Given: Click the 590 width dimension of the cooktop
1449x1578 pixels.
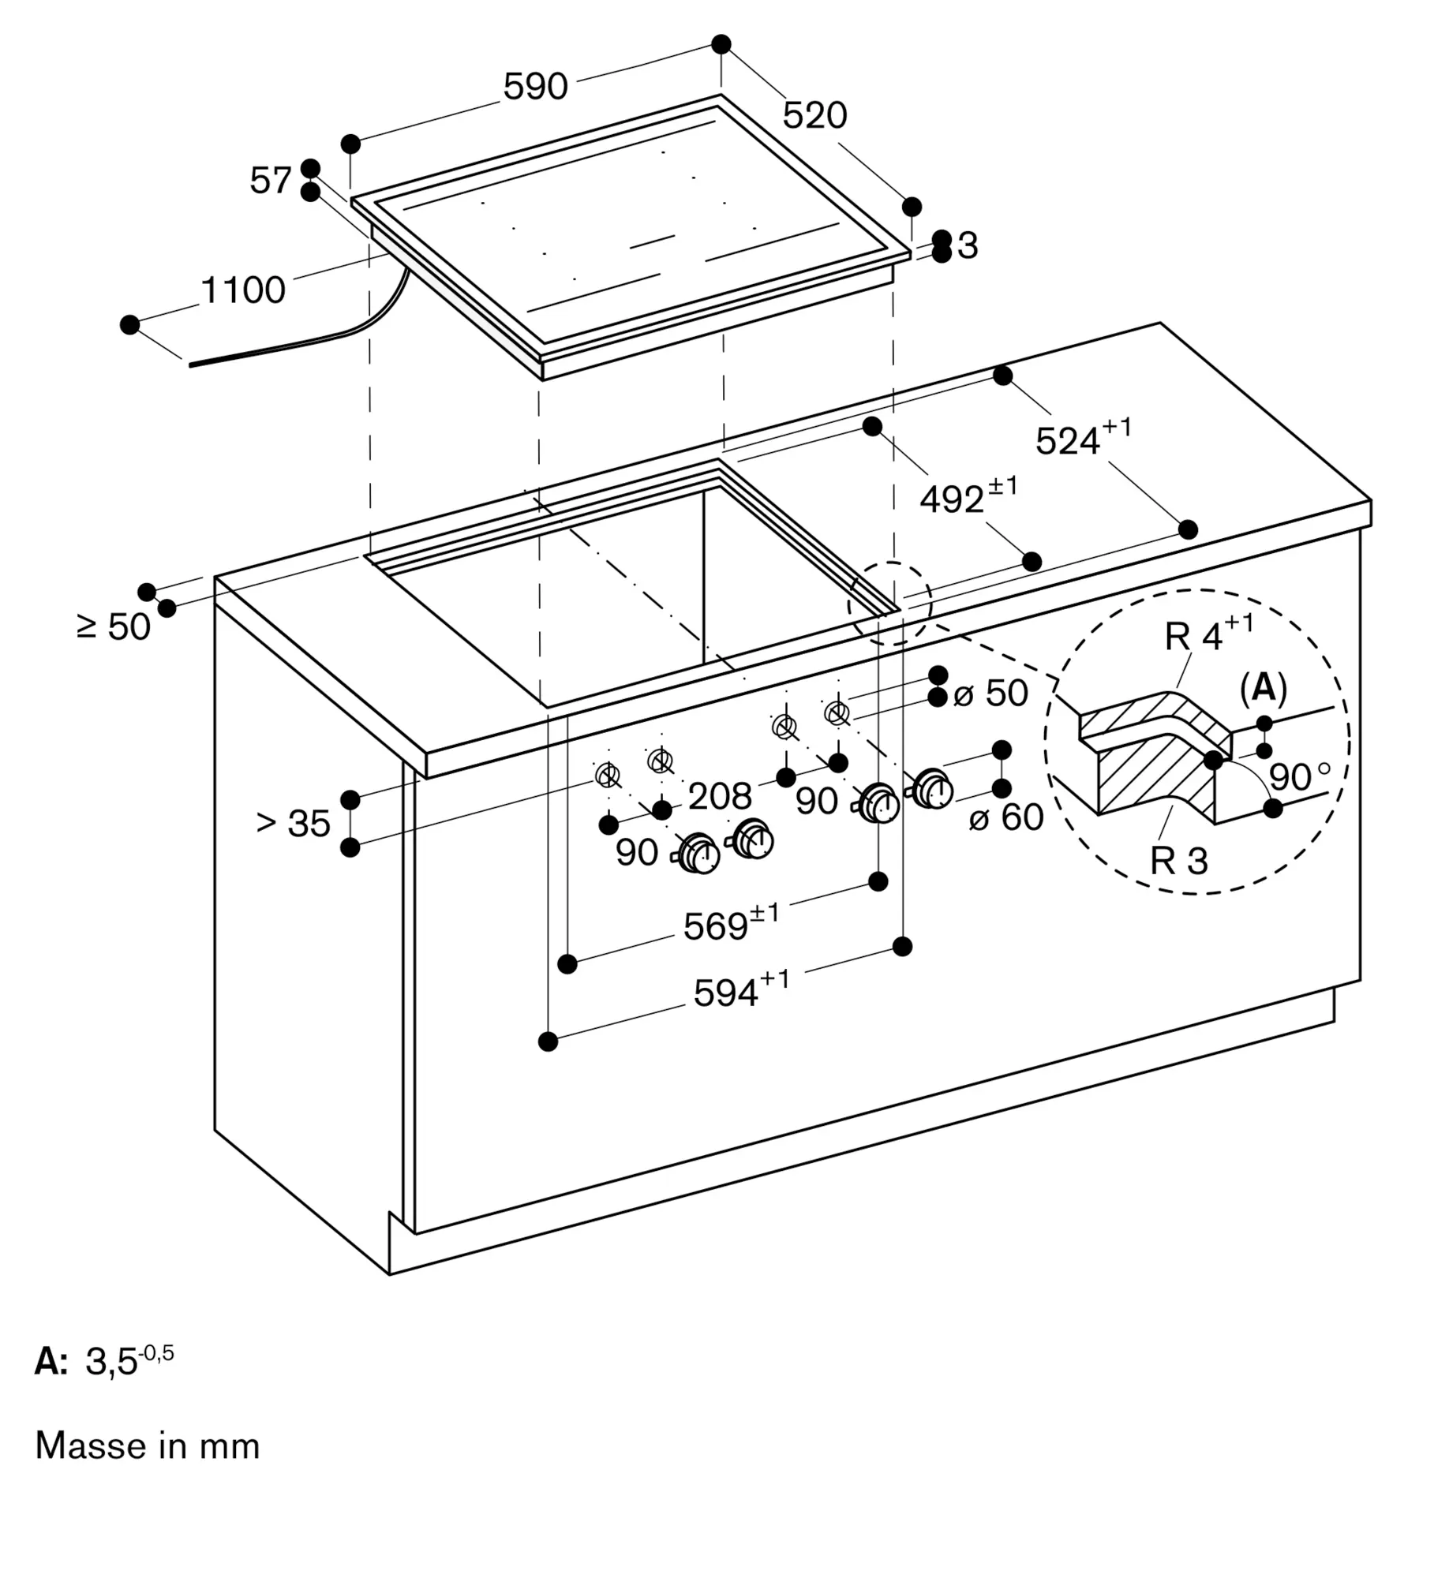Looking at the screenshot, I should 535,86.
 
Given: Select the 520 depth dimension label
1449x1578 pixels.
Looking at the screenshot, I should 814,116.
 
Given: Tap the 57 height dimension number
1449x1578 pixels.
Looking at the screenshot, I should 271,181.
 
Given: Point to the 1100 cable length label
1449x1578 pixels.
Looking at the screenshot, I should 243,290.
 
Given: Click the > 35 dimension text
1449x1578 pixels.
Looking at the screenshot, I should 294,824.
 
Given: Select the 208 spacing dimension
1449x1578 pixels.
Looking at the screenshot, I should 720,796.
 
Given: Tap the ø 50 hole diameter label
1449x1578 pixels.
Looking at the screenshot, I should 990,694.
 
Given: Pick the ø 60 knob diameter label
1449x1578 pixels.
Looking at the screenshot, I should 1006,817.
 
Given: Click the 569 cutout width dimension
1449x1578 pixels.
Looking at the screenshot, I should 730,924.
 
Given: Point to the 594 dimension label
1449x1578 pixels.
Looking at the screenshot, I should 740,990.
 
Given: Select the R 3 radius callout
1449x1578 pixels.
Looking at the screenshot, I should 1179,860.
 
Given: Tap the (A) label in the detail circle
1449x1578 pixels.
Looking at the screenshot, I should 1264,688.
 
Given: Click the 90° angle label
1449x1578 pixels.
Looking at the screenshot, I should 1299,777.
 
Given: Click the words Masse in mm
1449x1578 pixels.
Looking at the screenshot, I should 148,1446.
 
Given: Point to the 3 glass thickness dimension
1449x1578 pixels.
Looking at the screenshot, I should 968,246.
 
